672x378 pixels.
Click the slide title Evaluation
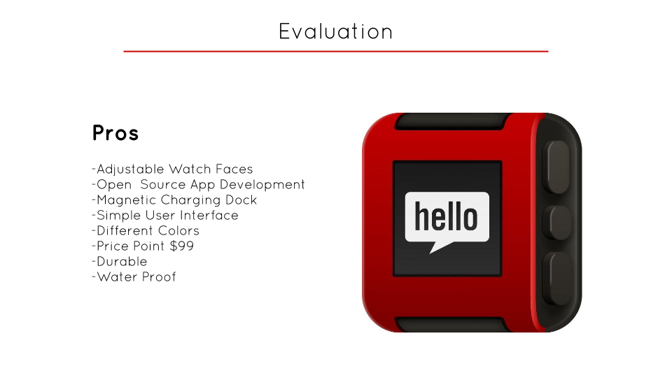coord(336,31)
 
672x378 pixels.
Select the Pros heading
coord(115,133)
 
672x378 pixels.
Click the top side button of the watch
coord(558,167)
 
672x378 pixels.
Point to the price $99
coord(182,246)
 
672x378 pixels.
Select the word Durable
coord(122,262)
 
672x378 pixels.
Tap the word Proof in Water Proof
coord(159,277)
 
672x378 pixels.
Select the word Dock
coord(241,200)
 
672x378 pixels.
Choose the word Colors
coord(178,231)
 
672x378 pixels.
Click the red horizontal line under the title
coord(336,51)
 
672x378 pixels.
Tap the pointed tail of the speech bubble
coord(438,246)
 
